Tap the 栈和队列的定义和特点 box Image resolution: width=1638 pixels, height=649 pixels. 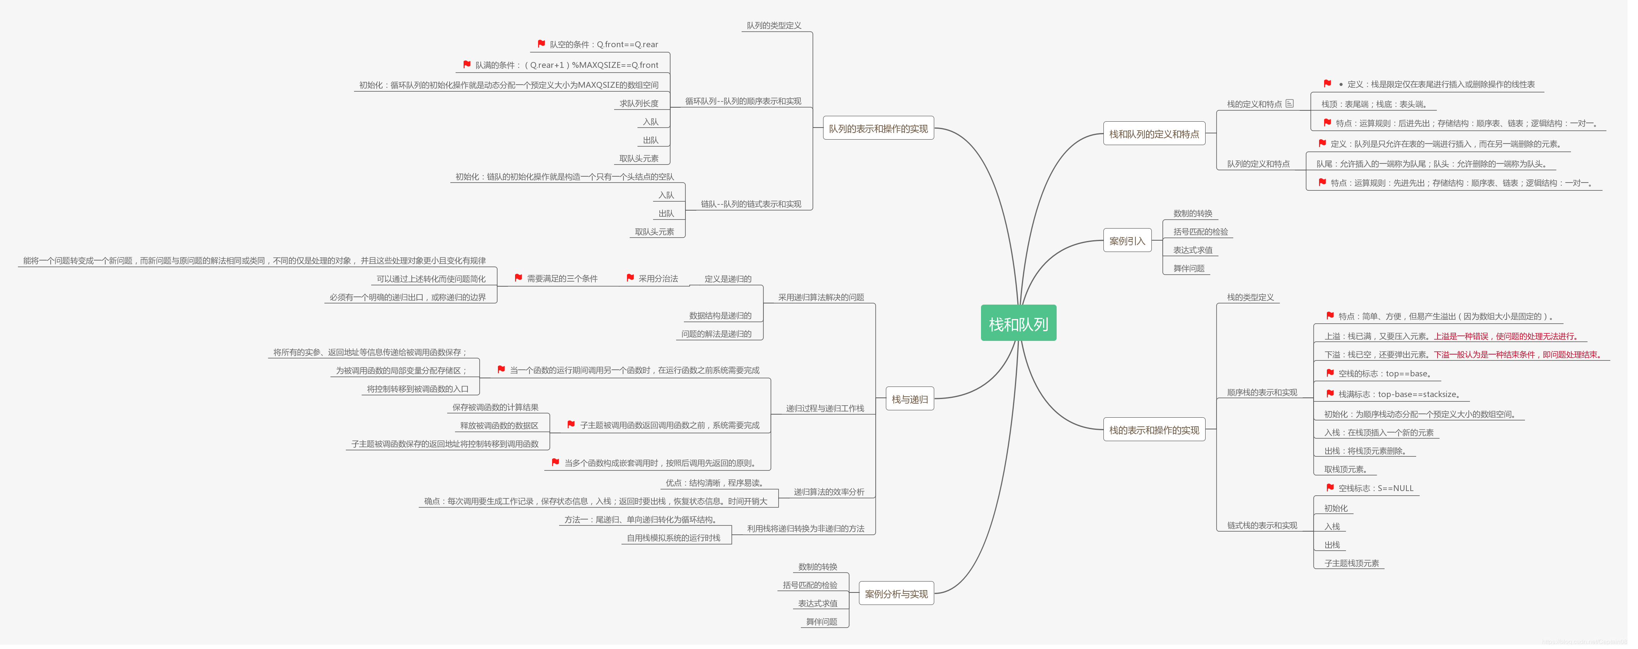(x=1161, y=134)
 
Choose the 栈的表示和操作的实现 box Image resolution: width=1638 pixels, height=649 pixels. (x=1161, y=433)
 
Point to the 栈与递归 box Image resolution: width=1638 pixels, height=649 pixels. (x=916, y=401)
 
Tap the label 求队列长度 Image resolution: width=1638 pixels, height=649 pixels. (x=643, y=104)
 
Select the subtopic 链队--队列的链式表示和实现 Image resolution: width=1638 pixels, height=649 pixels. (x=755, y=205)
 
